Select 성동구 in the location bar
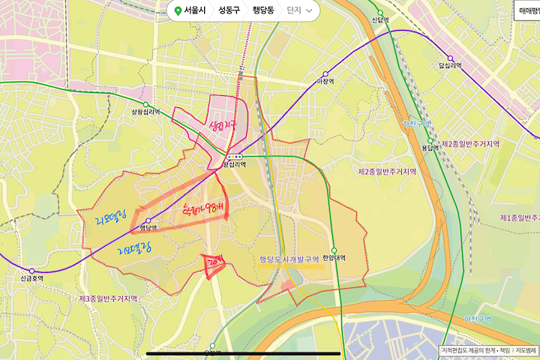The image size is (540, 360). point(229,10)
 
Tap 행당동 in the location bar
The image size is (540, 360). point(263,10)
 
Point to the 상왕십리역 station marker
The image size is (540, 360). point(146,105)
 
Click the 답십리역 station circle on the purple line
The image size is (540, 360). point(451,58)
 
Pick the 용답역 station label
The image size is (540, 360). point(430,148)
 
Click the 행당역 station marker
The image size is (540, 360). point(147,220)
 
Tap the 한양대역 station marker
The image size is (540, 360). point(334,250)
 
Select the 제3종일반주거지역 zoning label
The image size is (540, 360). point(108,298)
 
